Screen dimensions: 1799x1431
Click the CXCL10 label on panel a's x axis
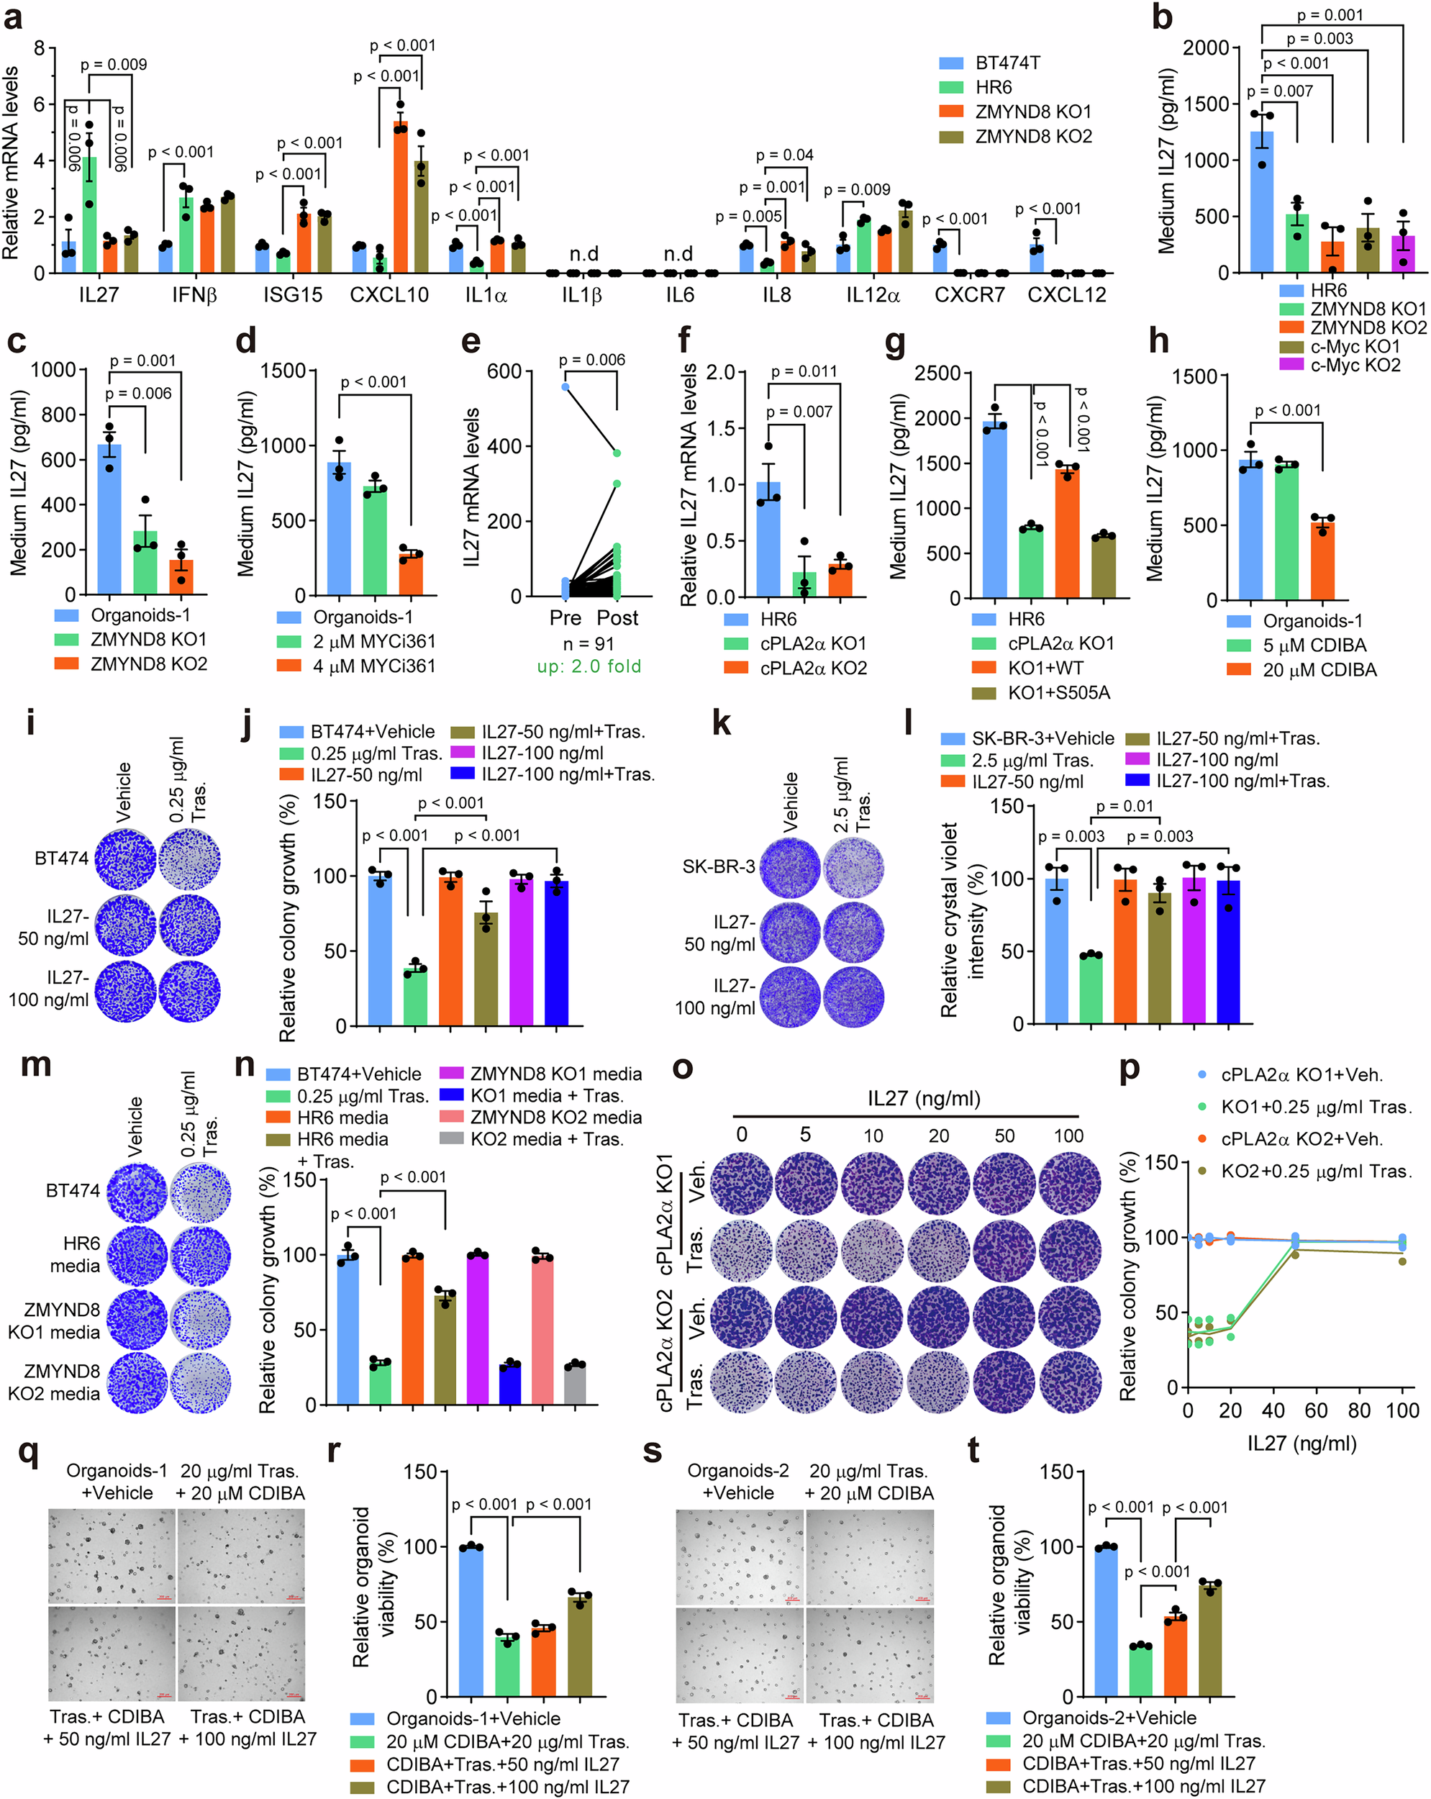click(389, 295)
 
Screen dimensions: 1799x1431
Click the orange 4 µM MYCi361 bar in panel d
click(411, 574)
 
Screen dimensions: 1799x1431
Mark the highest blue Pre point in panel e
click(565, 386)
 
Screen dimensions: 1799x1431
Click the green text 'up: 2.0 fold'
click(589, 666)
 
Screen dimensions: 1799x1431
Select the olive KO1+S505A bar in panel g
click(1103, 567)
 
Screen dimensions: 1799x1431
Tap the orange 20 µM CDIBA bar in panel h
click(1322, 561)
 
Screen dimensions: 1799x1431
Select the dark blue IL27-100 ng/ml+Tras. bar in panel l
click(1228, 951)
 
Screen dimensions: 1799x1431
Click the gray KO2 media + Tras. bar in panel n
click(574, 1385)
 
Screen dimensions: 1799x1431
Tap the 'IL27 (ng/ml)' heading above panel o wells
click(923, 1099)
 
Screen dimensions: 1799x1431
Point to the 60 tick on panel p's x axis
click(1316, 1411)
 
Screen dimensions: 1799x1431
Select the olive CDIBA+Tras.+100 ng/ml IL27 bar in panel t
click(1211, 1640)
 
